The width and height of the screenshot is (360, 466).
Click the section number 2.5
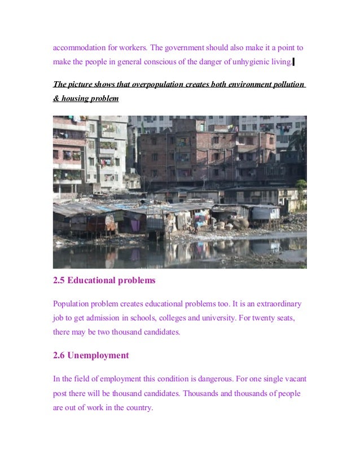tap(59, 280)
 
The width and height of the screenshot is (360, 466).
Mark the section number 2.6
tap(59, 355)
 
